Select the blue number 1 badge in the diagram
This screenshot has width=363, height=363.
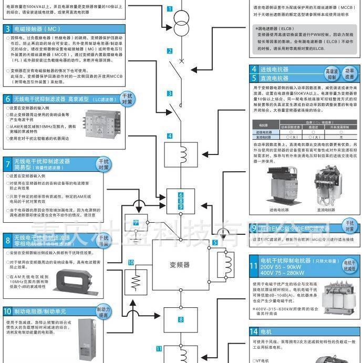170,9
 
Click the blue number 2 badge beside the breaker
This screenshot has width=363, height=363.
170,51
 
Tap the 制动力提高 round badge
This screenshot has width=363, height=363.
105,313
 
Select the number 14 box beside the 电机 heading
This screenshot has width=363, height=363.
254,332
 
